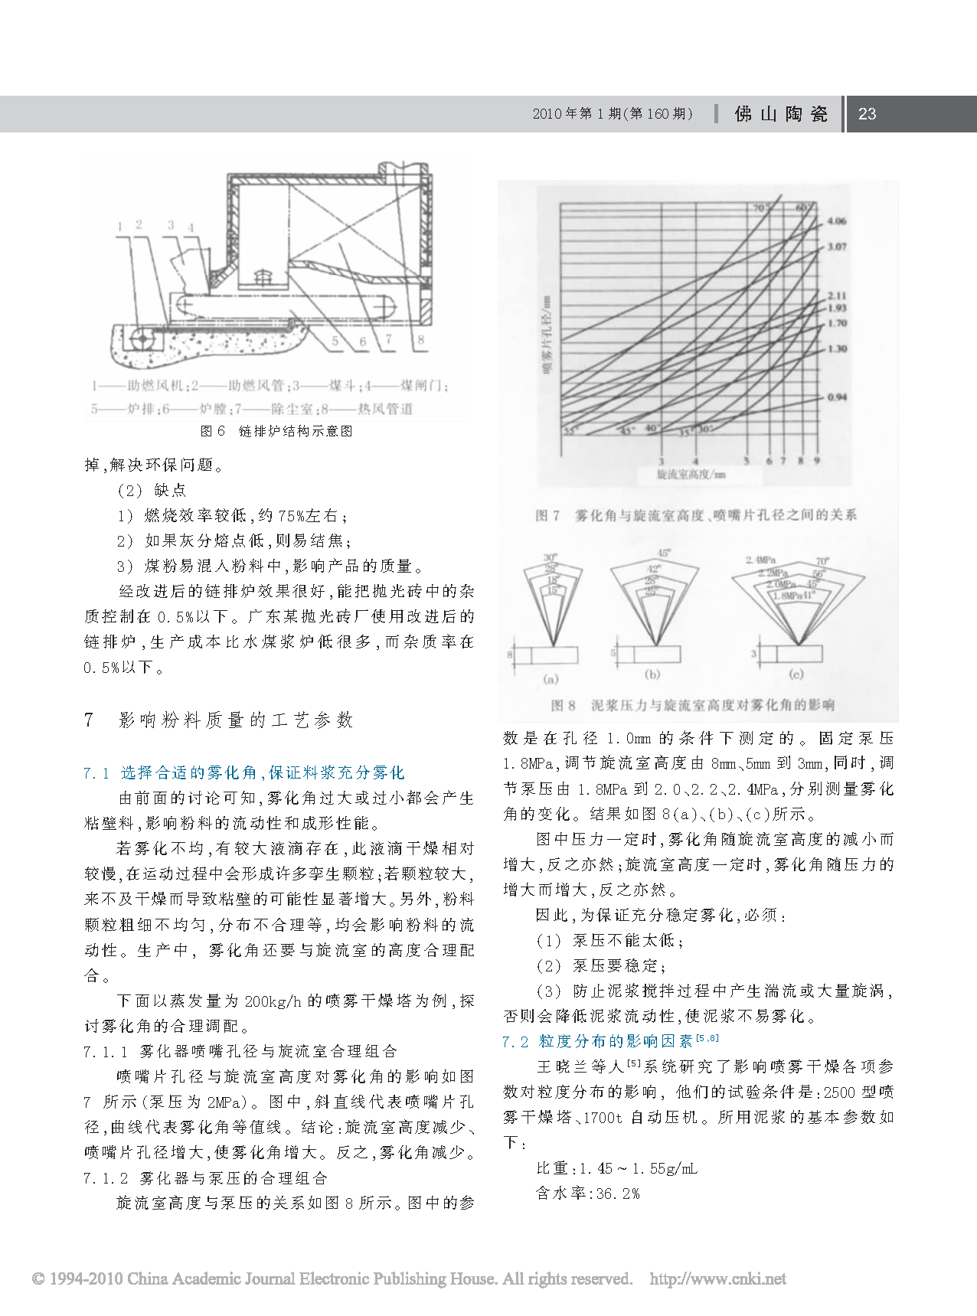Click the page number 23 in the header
[x=867, y=114]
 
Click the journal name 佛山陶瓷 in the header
[x=781, y=114]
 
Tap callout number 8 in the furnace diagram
[x=420, y=339]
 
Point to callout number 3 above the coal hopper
[x=171, y=225]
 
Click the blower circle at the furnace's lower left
[x=140, y=338]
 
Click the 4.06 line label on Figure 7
[x=836, y=221]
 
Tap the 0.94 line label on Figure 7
[x=836, y=397]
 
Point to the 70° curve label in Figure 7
[x=759, y=208]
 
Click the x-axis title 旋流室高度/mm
[x=691, y=475]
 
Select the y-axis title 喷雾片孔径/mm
[x=547, y=334]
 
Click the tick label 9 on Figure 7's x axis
[x=816, y=461]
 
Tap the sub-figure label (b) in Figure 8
[x=652, y=674]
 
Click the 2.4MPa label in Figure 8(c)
[x=761, y=560]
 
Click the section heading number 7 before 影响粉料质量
[x=90, y=720]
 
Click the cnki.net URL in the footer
[x=717, y=1278]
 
